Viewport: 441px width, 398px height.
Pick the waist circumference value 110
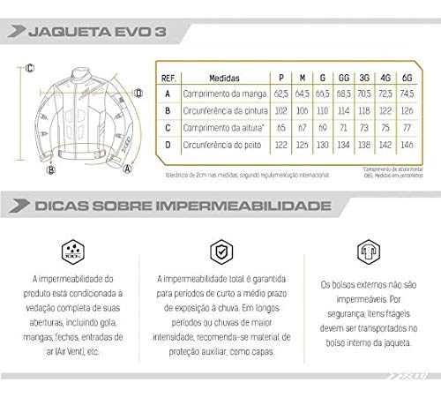click(319, 110)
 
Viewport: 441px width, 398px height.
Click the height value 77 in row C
click(407, 129)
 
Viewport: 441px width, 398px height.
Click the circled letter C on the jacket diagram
click(29, 66)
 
